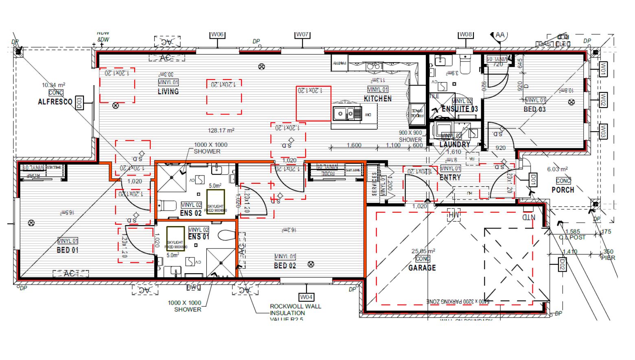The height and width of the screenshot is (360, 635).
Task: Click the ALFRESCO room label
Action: coord(55,102)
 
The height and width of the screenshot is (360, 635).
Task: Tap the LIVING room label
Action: coord(168,92)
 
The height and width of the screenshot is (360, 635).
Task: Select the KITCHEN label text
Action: coord(378,99)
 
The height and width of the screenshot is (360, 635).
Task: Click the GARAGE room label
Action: coord(422,268)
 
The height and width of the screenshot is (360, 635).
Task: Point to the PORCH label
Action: coord(563,190)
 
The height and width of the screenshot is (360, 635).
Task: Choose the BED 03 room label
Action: coord(534,109)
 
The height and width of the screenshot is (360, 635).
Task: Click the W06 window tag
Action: coord(217,35)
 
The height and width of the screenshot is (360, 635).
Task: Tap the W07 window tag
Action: coord(302,35)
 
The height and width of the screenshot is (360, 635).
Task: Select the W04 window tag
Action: coord(307,297)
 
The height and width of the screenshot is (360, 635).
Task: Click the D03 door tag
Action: coord(79,103)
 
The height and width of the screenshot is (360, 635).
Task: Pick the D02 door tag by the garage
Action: coord(562,264)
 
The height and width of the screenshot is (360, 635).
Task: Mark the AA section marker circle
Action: coord(500,35)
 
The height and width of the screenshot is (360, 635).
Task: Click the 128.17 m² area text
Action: coord(221,131)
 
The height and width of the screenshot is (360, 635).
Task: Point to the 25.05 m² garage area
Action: coord(423,251)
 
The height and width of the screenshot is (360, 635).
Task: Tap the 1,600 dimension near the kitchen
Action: coord(354,145)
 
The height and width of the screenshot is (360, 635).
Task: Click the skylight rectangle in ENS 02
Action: coord(215,202)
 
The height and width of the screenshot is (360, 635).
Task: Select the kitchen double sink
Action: coord(344,114)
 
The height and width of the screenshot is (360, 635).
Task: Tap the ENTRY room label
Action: coord(450,178)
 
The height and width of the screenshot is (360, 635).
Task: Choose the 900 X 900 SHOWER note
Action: coord(410,136)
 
